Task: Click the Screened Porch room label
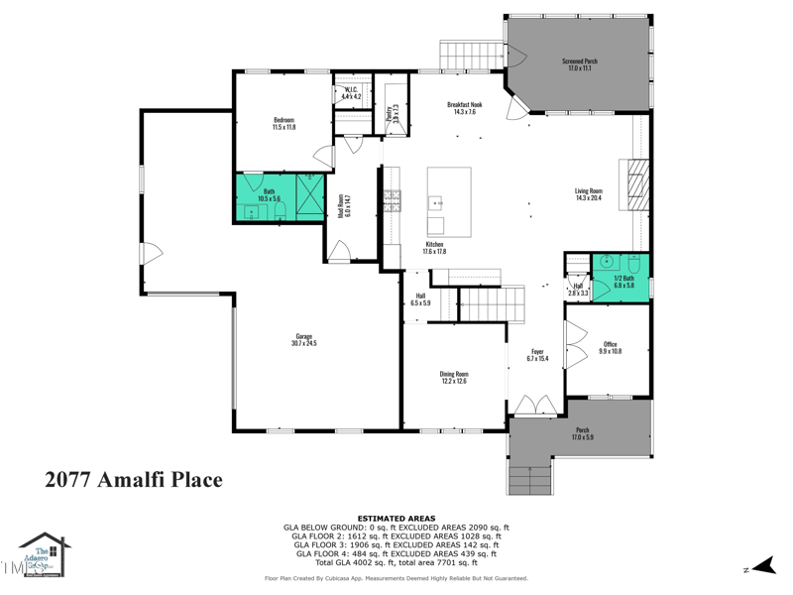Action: point(581,64)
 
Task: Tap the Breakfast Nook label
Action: point(464,108)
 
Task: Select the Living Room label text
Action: point(589,194)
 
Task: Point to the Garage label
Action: point(304,339)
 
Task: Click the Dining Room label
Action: point(454,377)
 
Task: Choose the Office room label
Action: point(610,347)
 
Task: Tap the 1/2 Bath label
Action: point(623,281)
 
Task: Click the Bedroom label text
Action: point(283,123)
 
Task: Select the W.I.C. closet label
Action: point(351,93)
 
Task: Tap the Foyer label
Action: point(537,354)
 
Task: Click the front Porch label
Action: point(582,433)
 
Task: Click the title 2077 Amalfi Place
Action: point(134,480)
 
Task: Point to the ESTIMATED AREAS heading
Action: point(396,518)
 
